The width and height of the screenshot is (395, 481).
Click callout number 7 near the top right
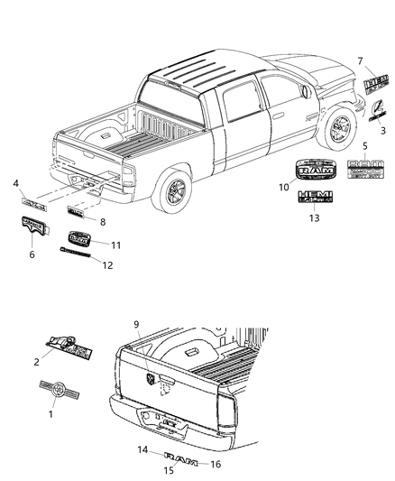click(361, 60)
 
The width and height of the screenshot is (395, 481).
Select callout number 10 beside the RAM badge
click(282, 187)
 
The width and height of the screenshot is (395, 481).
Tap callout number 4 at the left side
click(15, 185)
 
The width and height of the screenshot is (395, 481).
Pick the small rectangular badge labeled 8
click(77, 213)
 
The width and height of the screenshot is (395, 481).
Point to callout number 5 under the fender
click(364, 144)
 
